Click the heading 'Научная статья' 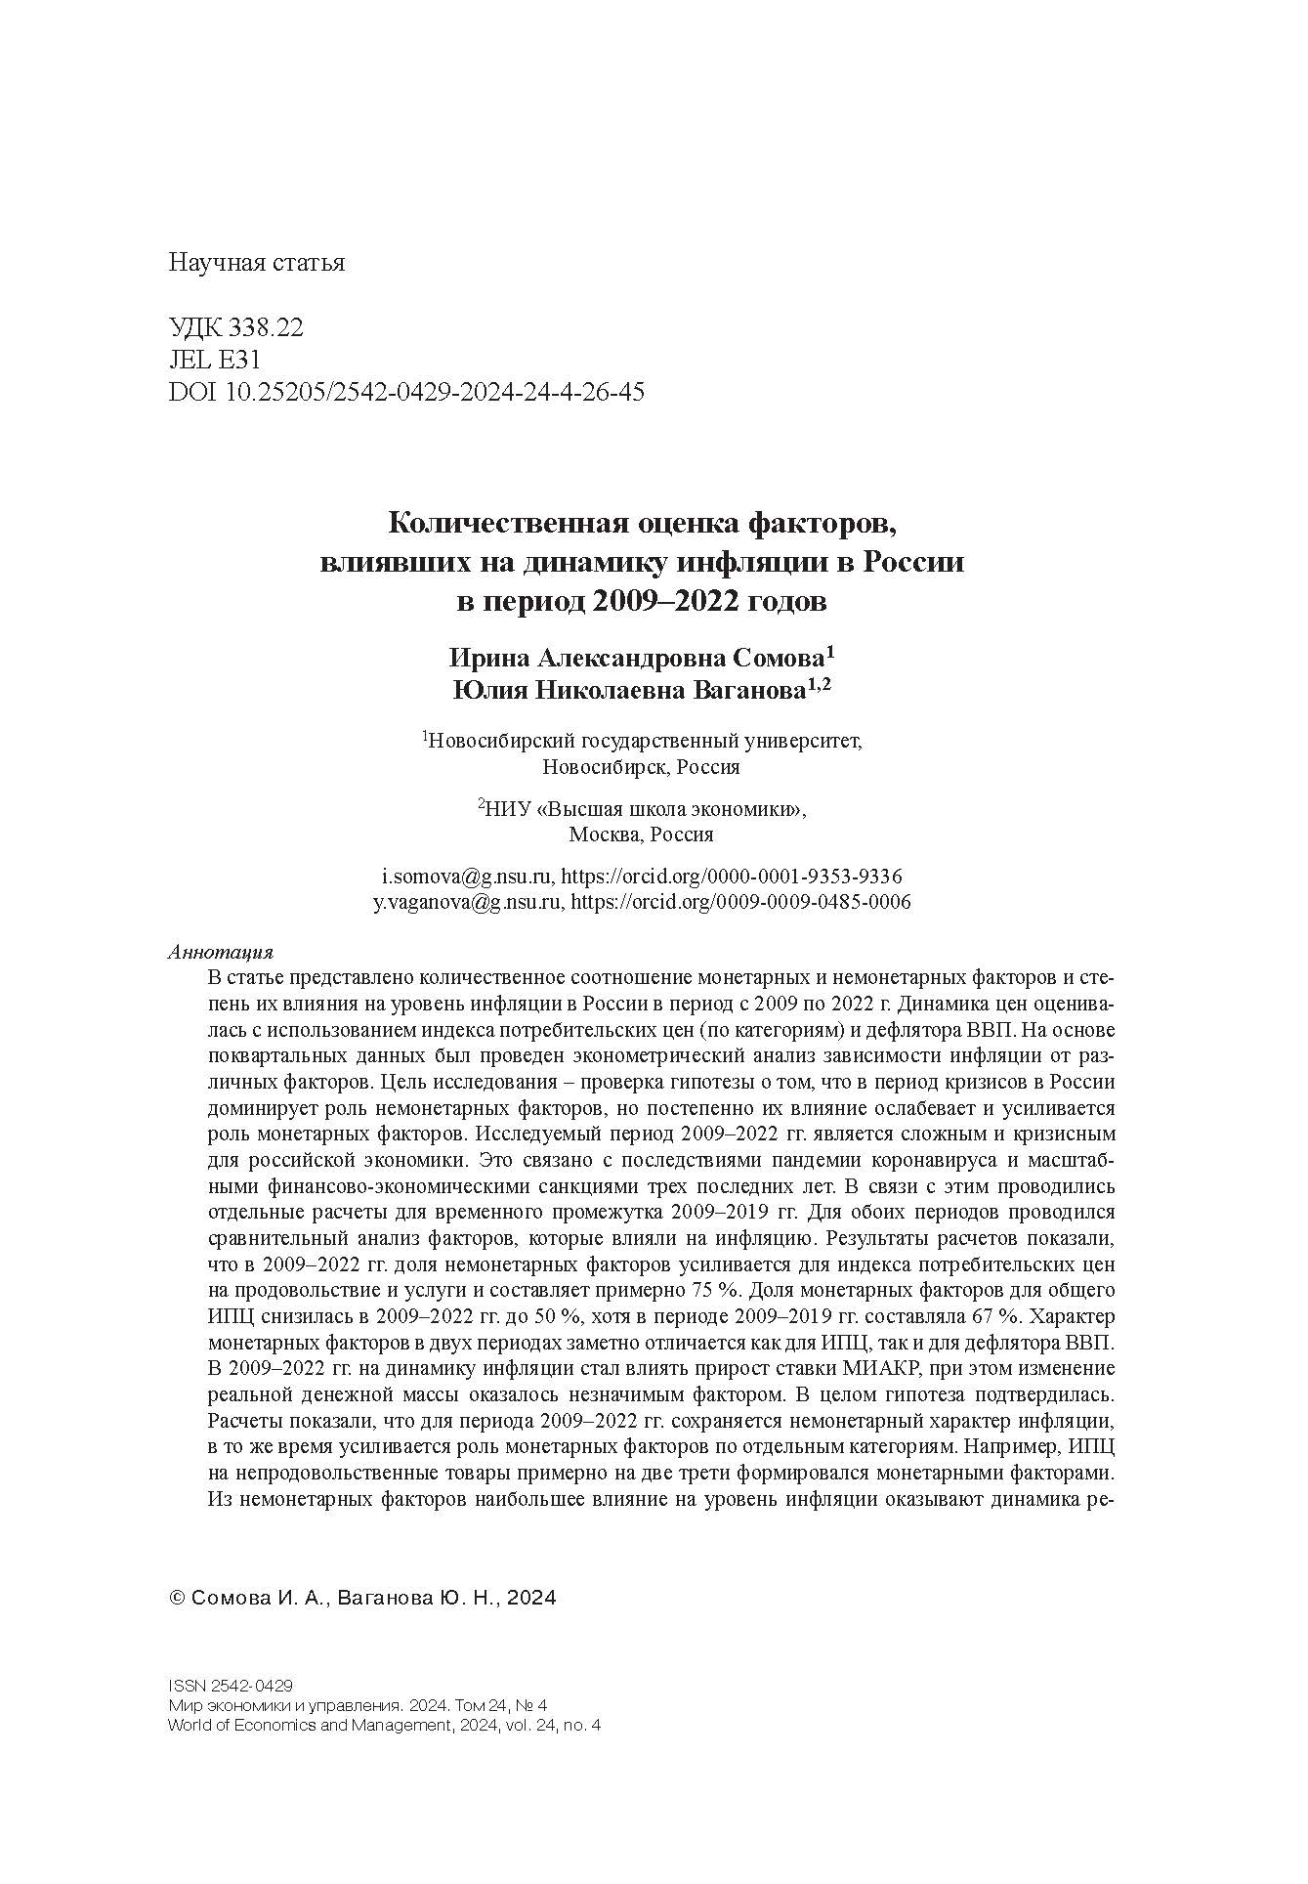coord(257,263)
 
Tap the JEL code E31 coord(239,360)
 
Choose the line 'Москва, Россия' coord(641,835)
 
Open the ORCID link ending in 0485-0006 coord(739,902)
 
